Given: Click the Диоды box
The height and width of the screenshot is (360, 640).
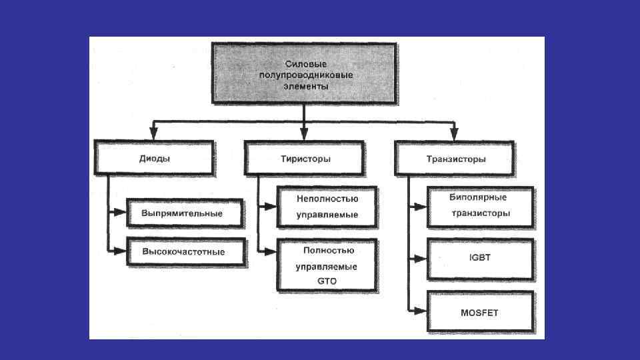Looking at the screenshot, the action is (154, 159).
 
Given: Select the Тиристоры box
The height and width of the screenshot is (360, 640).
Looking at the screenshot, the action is (305, 159).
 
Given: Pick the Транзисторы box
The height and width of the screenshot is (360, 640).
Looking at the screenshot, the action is (455, 159).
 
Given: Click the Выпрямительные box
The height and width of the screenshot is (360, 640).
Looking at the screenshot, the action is (182, 213).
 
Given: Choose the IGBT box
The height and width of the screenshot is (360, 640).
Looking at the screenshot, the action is (480, 257).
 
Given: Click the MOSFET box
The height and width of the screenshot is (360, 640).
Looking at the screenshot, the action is (480, 312).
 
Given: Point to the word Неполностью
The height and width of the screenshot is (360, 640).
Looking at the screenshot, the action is (327, 199).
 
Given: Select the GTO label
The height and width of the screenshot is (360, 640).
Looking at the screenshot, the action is (327, 281).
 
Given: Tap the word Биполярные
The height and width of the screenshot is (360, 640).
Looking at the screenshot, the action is (479, 198).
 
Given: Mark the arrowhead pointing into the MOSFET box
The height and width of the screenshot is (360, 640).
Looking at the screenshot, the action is (419, 310).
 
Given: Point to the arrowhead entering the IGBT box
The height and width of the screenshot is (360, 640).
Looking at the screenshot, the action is (419, 257).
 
